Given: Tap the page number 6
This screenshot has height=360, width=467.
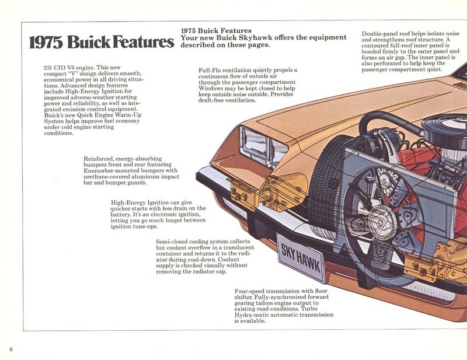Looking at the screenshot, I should coord(11,349).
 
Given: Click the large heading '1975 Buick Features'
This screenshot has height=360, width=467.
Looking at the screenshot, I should coord(102,42).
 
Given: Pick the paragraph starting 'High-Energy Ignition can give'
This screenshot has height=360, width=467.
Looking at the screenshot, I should coord(158,214).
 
